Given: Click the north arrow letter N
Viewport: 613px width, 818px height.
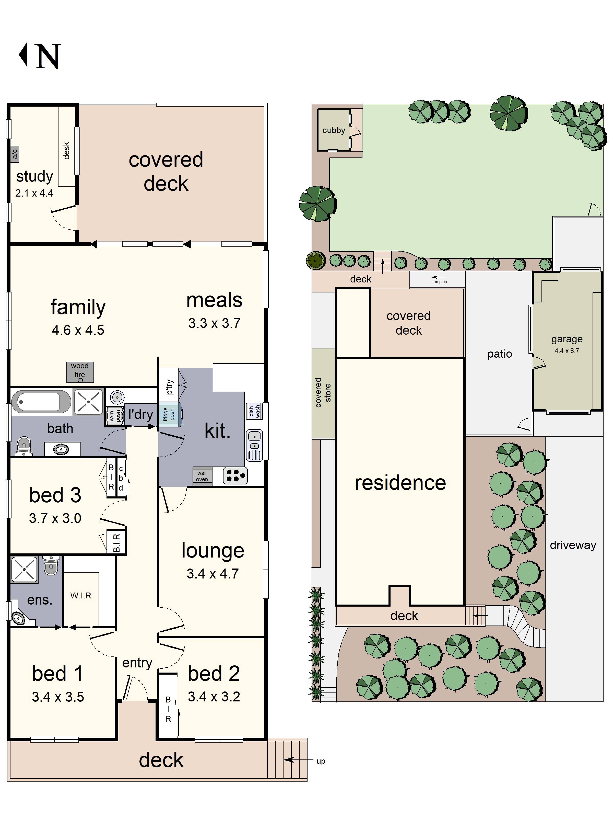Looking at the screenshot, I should coord(48,56).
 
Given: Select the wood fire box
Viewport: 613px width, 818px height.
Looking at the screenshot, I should coord(80,372).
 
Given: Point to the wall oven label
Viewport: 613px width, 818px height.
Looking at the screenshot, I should coord(202,476).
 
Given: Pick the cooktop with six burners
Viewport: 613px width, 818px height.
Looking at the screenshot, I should coord(235,475).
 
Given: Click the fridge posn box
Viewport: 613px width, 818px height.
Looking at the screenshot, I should coord(169,415).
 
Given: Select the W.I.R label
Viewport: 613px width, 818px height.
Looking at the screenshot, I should coord(80,595).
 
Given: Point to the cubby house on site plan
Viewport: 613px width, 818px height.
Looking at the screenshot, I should coord(334,130).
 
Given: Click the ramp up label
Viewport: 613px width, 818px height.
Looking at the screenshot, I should coord(439,282).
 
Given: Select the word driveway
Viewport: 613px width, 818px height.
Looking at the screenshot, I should coord(573,545).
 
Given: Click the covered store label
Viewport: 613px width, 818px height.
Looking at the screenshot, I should coord(323,393).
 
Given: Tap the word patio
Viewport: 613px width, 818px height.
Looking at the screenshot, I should coord(500,354).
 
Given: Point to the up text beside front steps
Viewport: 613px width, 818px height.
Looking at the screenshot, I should coord(321,761).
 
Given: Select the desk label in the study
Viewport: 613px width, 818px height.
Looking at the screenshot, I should coord(66,151).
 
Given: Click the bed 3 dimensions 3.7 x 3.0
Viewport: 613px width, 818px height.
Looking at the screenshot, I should coord(55,518).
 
